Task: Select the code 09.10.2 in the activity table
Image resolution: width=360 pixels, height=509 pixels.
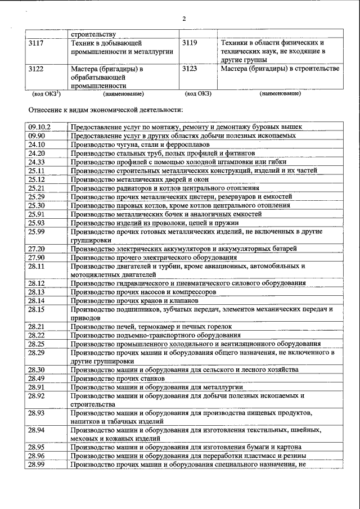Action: pos(39,127)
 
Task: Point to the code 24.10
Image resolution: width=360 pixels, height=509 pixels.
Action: pos(37,144)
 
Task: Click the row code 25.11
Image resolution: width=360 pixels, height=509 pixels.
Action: pos(37,170)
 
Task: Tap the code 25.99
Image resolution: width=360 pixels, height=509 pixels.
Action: pos(37,231)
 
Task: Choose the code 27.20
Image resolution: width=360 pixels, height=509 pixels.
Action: pos(37,249)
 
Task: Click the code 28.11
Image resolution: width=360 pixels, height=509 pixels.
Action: pos(37,266)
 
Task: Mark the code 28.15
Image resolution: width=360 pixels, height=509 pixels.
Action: pos(37,309)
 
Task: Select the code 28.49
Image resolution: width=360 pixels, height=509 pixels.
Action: pos(37,379)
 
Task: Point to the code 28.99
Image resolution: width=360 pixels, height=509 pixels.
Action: pos(37,465)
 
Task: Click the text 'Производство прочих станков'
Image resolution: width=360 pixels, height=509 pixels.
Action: pos(112,379)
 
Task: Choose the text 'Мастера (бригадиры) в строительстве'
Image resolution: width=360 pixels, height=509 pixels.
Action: pos(280,69)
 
